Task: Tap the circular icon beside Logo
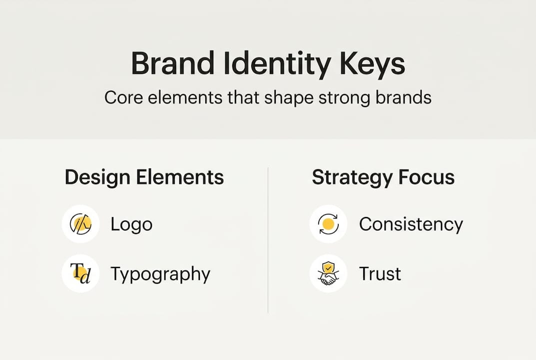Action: coord(80,224)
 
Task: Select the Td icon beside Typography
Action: coord(80,273)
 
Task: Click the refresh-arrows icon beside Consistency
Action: coord(328,224)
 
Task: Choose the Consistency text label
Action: coord(411,224)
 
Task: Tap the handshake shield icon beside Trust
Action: coord(328,273)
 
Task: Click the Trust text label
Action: coord(380,274)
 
